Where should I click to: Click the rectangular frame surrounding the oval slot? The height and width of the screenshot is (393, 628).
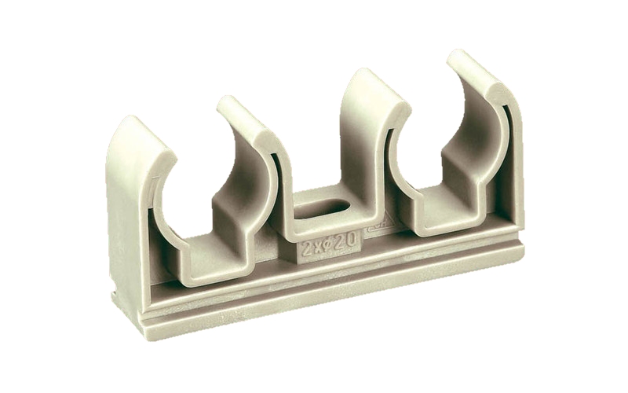click(x=314, y=228)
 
